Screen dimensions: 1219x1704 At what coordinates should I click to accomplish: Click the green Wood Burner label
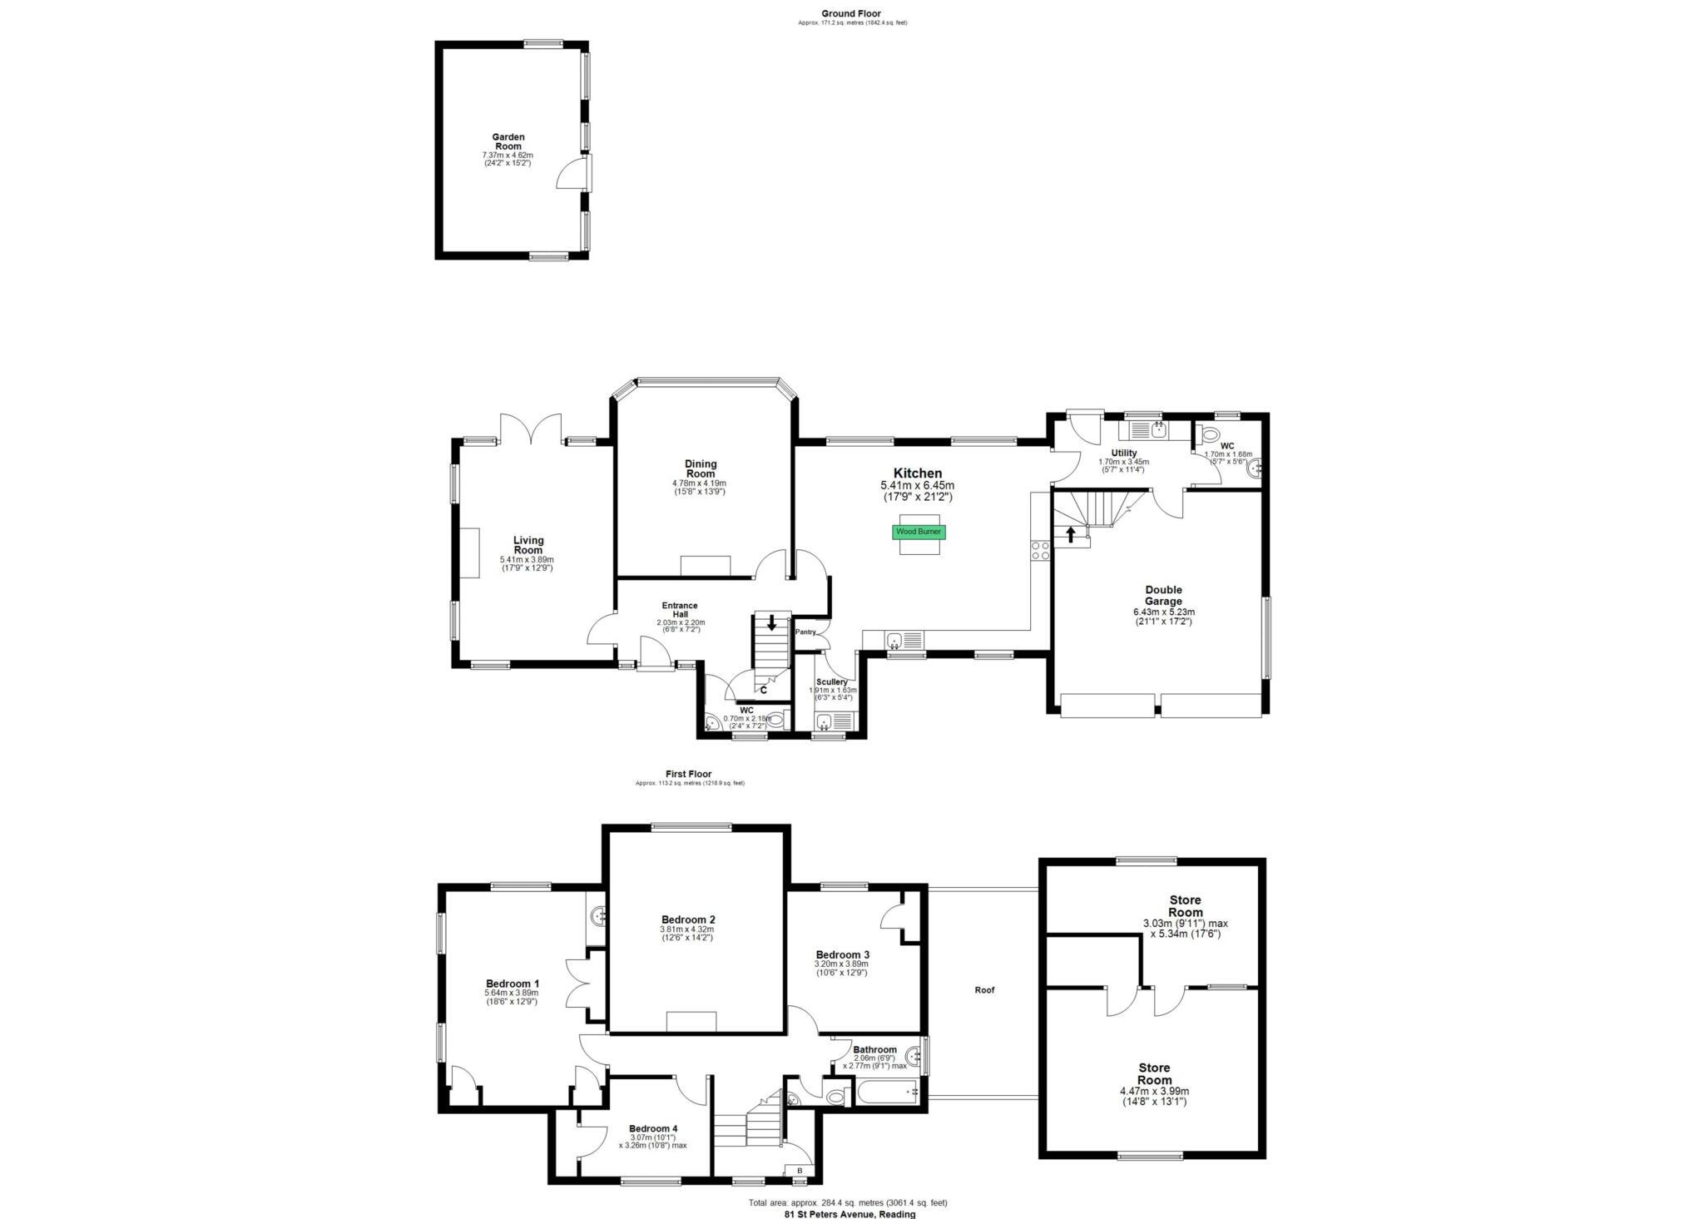pos(919,531)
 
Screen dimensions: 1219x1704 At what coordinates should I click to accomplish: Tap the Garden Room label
pos(508,141)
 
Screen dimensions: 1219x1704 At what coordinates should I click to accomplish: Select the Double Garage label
pos(1163,596)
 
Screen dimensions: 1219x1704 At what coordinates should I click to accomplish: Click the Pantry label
pos(805,632)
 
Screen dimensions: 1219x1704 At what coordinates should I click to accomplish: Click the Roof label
pos(984,990)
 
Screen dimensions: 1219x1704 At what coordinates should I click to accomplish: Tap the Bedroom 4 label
pos(653,1128)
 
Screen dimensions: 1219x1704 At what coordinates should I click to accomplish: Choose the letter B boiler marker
pos(800,1171)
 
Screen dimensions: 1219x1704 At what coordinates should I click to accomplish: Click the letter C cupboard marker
pos(763,690)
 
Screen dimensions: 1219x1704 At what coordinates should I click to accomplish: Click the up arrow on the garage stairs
pos(1071,534)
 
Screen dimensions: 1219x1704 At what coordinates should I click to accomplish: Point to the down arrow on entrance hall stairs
pos(772,622)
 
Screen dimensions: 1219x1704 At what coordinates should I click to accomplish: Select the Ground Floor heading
pos(851,13)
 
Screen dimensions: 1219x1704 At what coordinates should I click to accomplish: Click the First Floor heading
pos(688,774)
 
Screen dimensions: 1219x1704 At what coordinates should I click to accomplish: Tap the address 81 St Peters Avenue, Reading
pos(850,1213)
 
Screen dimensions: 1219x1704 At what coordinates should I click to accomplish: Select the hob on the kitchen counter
pos(1040,550)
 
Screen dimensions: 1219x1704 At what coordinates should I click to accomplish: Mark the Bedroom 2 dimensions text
pos(688,934)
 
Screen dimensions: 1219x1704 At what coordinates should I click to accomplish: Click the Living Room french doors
pos(530,429)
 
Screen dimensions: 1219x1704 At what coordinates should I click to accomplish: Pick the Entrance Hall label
pos(680,610)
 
